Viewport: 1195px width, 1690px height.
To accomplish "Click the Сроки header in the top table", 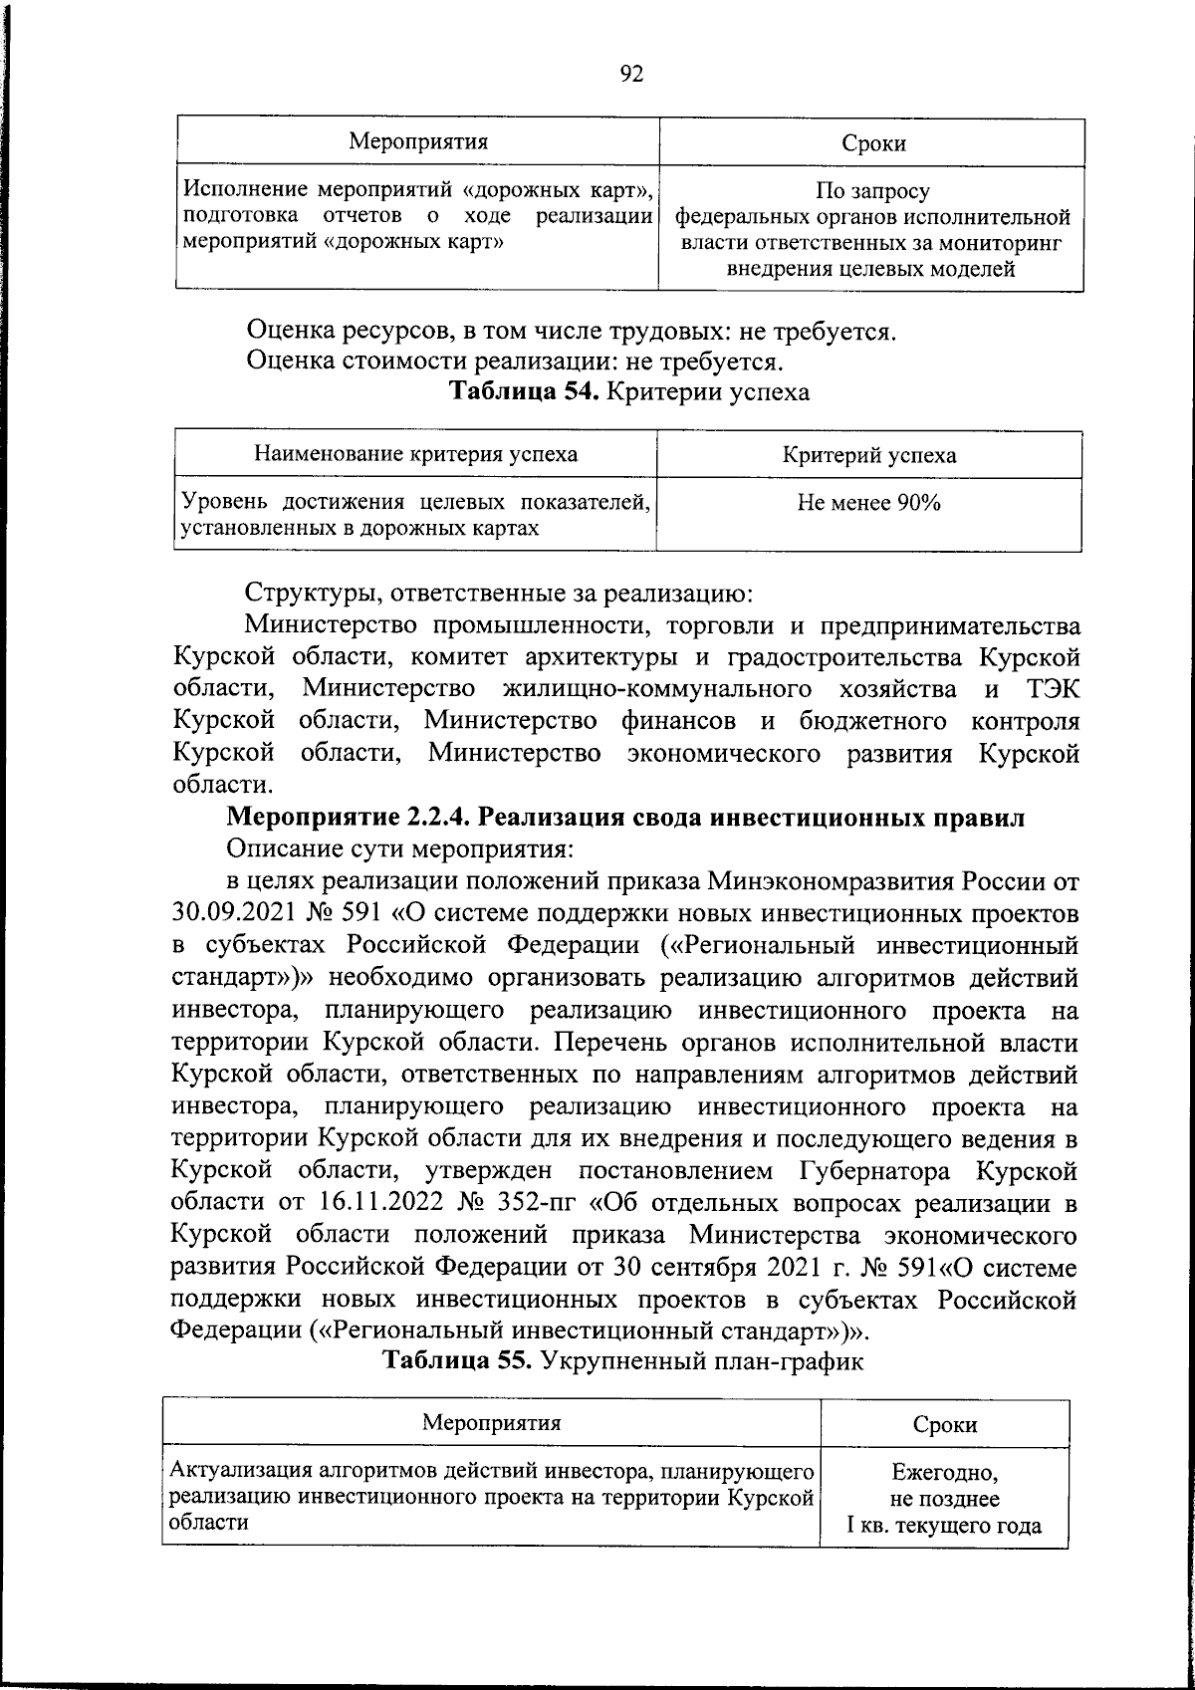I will tap(873, 143).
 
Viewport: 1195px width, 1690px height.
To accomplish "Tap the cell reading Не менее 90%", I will tap(868, 504).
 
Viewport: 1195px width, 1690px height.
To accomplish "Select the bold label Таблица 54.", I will tap(524, 391).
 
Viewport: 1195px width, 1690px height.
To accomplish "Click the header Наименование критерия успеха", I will tap(415, 455).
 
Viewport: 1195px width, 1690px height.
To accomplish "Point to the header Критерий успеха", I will tap(868, 456).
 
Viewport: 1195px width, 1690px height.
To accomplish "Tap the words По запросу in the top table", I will tap(872, 191).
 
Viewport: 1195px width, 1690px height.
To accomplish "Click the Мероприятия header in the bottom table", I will tap(491, 1422).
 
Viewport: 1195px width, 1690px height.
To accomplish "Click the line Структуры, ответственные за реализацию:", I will tap(499, 595).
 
